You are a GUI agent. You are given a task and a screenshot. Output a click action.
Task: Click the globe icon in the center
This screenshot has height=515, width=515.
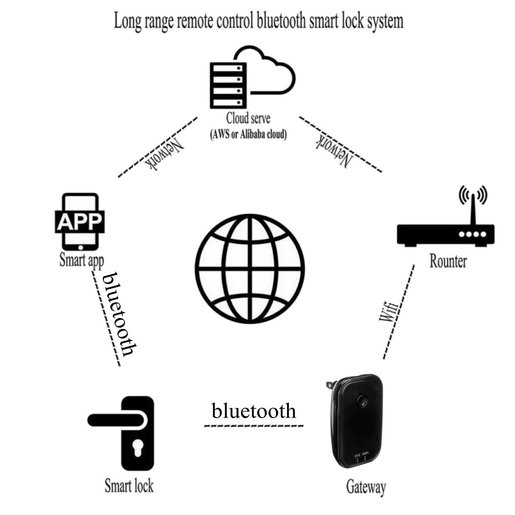coord(251,270)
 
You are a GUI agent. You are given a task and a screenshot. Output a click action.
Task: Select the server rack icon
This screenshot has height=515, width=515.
coord(227,85)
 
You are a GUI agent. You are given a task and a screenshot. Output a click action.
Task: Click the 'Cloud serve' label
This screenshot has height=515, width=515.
coord(248,118)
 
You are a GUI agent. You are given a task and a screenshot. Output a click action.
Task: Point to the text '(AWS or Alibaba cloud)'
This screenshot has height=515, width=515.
coord(248,134)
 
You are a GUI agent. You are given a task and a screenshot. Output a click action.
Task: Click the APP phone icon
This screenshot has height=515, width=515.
coord(80,221)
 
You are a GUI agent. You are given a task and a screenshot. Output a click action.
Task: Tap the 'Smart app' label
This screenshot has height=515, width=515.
coord(82,260)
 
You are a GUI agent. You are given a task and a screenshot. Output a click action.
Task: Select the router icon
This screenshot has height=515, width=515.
coord(445,234)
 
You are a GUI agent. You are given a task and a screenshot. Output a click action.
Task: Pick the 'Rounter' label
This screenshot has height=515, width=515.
coord(448,261)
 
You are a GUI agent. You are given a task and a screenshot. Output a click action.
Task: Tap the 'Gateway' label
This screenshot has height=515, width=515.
coord(366,487)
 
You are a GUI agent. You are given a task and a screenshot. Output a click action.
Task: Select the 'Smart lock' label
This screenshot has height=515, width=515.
coord(129,486)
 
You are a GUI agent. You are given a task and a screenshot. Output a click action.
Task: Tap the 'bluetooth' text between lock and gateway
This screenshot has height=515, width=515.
coord(254,411)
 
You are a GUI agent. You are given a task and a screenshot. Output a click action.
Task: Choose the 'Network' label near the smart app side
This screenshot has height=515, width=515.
coord(165,154)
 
